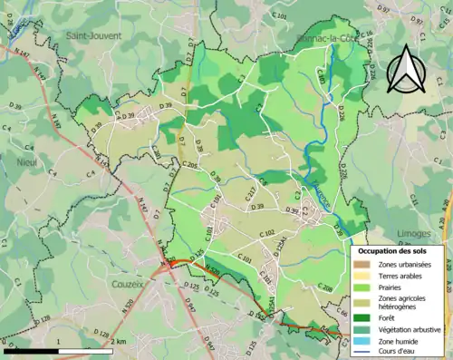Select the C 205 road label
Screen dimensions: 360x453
pyautogui.click(x=188, y=165)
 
